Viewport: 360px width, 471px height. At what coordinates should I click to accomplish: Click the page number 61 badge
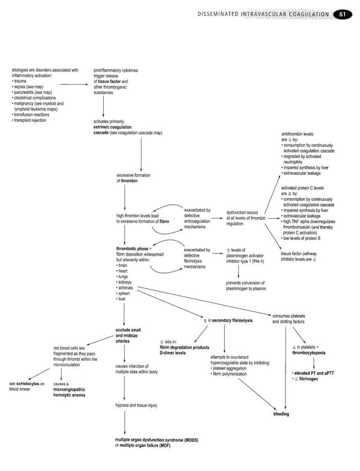(x=342, y=14)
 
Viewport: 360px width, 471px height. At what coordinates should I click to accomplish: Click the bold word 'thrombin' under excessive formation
(x=129, y=181)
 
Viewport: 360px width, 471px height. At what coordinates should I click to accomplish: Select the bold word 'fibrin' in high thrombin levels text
(x=164, y=222)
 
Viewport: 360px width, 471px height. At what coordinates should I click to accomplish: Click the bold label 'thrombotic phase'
(x=132, y=249)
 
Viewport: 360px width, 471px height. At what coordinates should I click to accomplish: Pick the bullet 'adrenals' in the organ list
(x=126, y=288)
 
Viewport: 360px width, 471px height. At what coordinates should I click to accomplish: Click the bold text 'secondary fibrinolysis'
(x=231, y=321)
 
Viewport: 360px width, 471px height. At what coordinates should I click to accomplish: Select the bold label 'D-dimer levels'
(x=172, y=353)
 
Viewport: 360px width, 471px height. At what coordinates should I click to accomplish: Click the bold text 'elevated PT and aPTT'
(x=314, y=373)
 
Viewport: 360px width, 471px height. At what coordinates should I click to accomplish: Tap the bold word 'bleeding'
(x=280, y=413)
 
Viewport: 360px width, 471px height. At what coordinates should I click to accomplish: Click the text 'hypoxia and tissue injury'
(x=135, y=406)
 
